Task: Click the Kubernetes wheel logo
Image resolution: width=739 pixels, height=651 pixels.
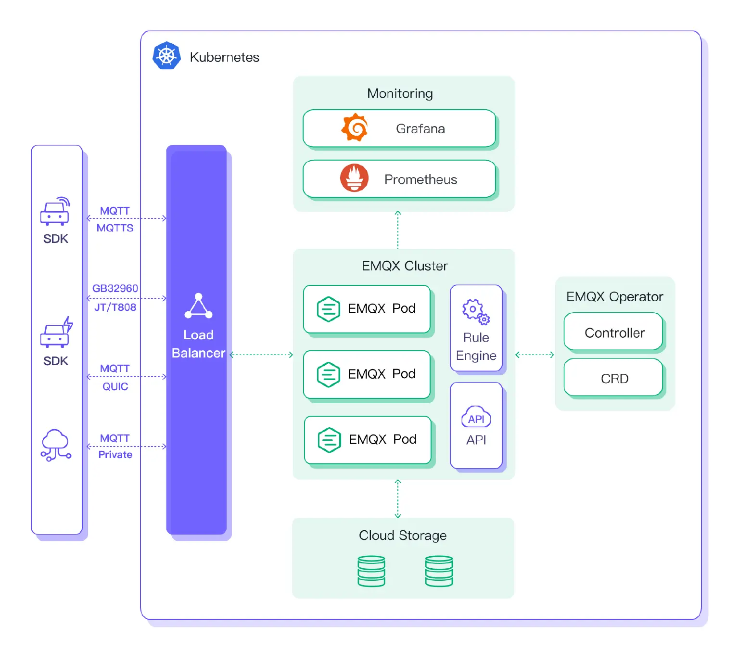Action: (x=166, y=56)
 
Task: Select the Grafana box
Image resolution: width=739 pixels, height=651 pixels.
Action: (x=399, y=128)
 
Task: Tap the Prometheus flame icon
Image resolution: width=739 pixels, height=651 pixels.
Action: (x=355, y=178)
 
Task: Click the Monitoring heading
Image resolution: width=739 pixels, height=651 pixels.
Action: (x=400, y=93)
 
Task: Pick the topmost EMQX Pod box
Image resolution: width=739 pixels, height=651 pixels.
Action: (x=367, y=309)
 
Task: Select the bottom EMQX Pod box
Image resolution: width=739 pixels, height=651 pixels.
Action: (x=368, y=440)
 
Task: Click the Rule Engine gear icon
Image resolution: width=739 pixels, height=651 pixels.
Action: (x=476, y=311)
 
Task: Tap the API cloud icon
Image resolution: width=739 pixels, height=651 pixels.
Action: (x=476, y=417)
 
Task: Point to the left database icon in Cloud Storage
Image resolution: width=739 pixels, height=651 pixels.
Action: (x=371, y=571)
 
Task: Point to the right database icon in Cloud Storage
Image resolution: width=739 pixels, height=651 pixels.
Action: (x=439, y=571)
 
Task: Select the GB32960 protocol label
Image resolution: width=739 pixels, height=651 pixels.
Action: (x=115, y=288)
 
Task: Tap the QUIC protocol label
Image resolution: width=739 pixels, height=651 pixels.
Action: (x=115, y=386)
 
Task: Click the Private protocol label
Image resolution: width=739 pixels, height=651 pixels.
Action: (x=115, y=455)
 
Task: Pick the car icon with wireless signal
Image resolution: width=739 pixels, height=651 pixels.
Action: (x=55, y=211)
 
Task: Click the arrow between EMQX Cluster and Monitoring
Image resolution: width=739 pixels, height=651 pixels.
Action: (x=398, y=230)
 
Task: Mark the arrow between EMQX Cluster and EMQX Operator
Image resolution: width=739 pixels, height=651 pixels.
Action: (x=535, y=355)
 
